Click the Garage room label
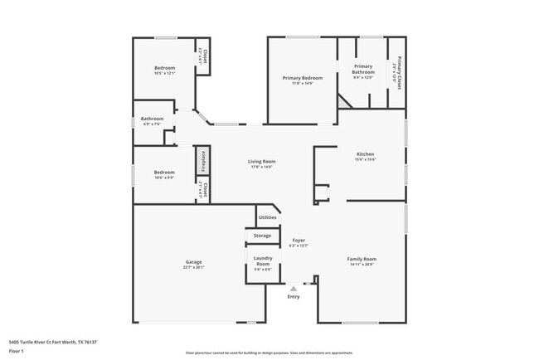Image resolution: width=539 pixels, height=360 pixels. pos(187,261)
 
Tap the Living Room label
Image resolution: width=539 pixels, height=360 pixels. pos(262,161)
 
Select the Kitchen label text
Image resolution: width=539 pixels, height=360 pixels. pos(365,154)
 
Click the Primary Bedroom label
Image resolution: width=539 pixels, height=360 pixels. pos(302,77)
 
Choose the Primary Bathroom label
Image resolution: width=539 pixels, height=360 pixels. pos(364,69)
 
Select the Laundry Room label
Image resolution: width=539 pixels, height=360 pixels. pos(263,261)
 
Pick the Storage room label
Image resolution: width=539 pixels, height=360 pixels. pos(262,236)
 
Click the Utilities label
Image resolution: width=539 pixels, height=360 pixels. pos(267,217)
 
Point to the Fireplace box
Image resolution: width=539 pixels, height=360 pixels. pos(202,161)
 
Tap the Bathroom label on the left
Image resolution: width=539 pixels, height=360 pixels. pos(152,119)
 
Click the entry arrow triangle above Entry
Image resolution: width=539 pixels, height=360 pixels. pos(293,288)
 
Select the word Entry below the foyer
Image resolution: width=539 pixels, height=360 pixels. pos(294,296)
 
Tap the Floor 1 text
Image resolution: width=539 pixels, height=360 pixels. pos(17,352)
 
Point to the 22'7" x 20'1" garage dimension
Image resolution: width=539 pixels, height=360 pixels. pos(187,267)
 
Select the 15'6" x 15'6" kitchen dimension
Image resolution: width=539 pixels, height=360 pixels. pos(365,160)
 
